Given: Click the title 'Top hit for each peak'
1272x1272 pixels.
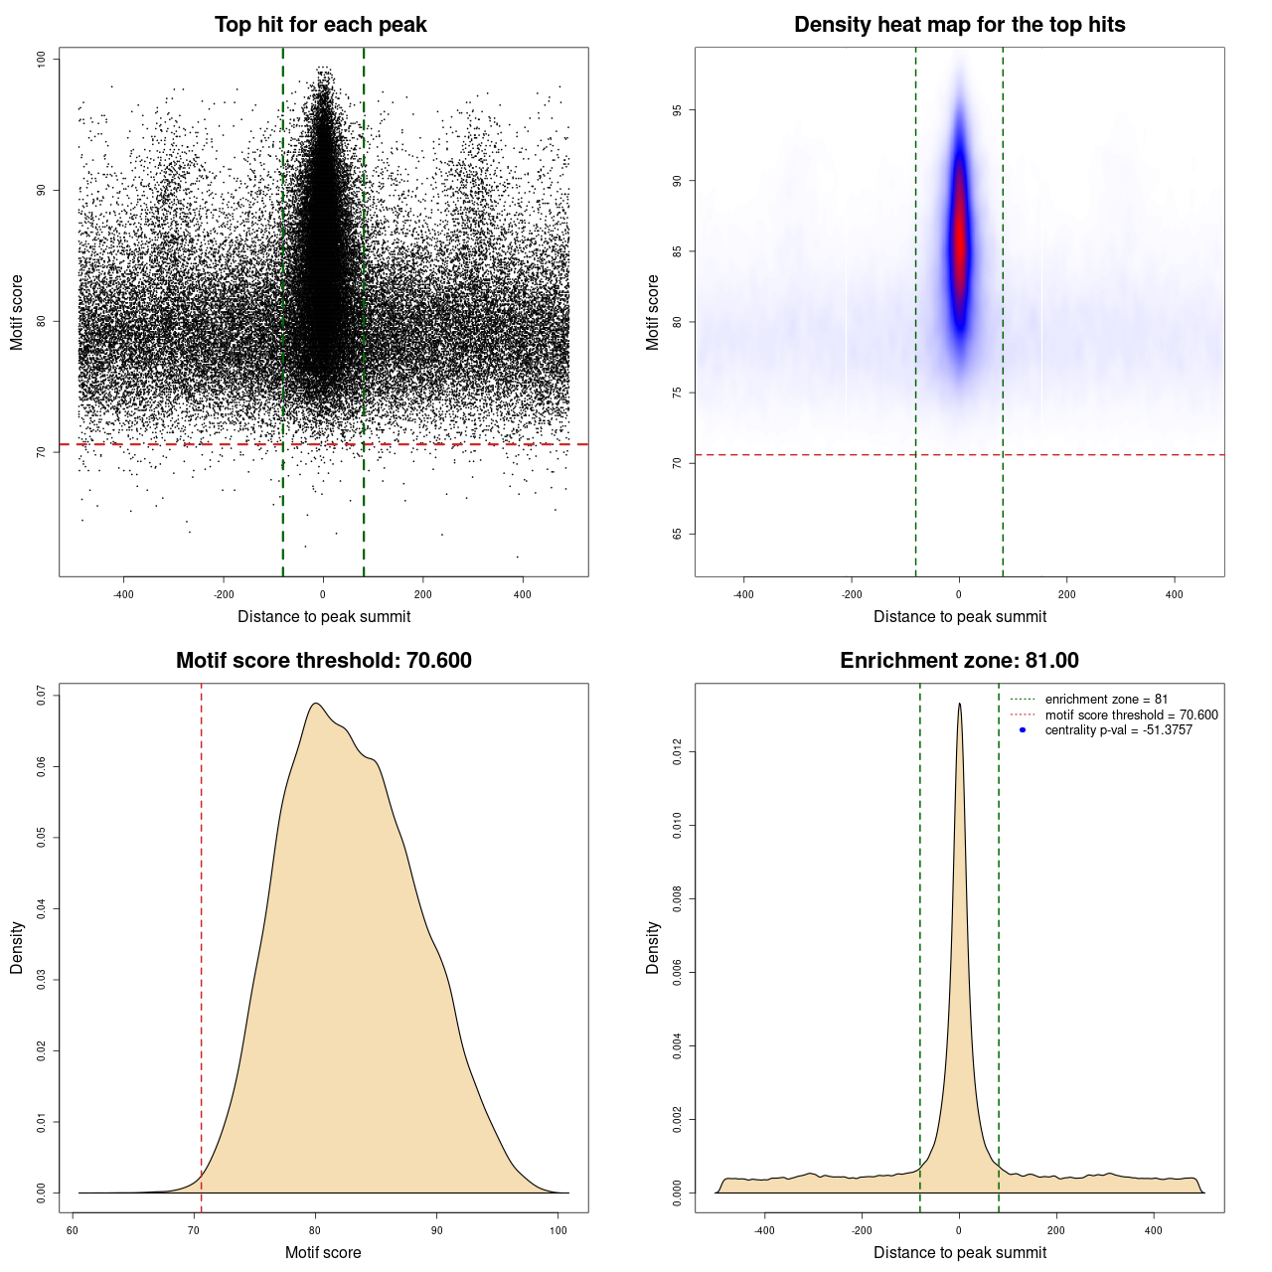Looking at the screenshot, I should pos(320,25).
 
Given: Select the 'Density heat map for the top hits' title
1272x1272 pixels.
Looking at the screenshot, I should pos(959,25).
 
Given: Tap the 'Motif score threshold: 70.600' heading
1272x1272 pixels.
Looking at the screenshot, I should pos(323,661).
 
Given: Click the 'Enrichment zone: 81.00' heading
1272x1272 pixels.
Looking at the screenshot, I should pos(959,661).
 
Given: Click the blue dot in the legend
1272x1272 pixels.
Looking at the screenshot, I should pos(1023,730).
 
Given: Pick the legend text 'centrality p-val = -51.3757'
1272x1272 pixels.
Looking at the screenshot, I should pos(1118,730).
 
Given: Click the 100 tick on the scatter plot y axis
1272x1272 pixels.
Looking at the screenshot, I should pos(42,60).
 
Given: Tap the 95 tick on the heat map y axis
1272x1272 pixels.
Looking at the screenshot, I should pos(678,110).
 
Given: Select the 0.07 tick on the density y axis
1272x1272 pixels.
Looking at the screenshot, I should pos(42,696).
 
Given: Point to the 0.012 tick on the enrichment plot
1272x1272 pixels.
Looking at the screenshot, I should pos(678,752).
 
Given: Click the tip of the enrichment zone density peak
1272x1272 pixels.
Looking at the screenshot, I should pos(959,705).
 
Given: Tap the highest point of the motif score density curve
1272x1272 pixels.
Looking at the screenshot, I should pos(315,704).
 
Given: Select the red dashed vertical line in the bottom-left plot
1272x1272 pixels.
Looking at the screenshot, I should pos(202,944).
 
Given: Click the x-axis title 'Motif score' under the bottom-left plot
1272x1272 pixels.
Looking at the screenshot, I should pos(323,1252).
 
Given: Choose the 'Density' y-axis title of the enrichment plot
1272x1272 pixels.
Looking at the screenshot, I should pos(653,947).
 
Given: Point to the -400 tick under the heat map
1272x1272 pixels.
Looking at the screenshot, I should pos(743,594).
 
